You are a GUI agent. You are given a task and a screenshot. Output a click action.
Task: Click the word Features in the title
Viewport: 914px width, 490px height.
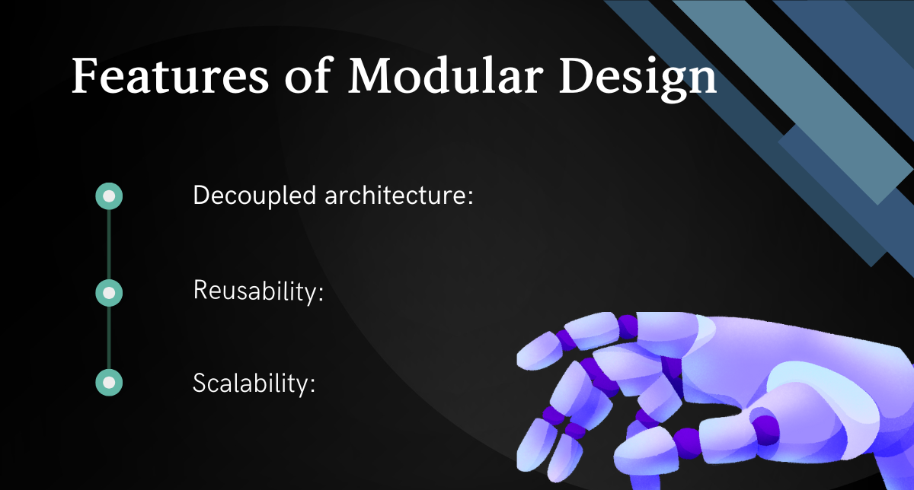(x=170, y=75)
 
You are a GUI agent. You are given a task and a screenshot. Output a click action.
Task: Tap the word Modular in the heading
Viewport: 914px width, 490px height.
(x=446, y=75)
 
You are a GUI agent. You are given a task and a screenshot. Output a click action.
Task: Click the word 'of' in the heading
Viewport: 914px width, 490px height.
(x=308, y=75)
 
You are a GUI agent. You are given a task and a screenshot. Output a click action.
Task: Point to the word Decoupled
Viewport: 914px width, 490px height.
(x=254, y=196)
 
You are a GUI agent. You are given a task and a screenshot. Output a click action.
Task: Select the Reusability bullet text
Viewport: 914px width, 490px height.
(x=258, y=291)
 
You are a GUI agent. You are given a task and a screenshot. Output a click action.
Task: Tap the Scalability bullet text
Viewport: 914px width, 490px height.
(x=254, y=383)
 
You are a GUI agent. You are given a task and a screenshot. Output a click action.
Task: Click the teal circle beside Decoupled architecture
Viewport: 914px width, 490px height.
(x=109, y=196)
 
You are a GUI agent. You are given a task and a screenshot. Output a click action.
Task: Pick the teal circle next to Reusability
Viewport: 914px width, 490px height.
(x=109, y=293)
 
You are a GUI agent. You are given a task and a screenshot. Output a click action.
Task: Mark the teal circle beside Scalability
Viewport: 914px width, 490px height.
(x=109, y=383)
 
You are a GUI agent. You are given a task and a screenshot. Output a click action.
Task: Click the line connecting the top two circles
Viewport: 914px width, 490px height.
(x=109, y=244)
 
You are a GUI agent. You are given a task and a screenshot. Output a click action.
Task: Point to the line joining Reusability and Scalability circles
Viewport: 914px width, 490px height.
(x=109, y=338)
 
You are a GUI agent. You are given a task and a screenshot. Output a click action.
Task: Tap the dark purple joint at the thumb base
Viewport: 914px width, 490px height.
(x=765, y=431)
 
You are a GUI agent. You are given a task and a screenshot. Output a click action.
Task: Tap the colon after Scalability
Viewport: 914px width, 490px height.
(x=312, y=386)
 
